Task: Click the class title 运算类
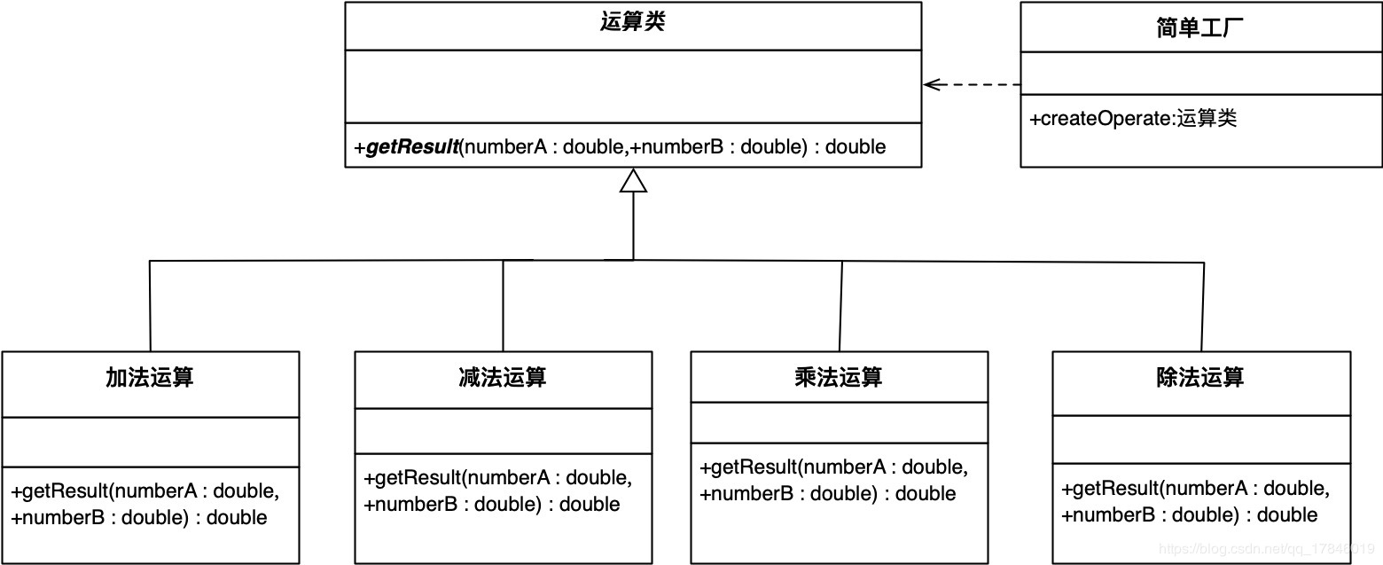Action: pos(632,23)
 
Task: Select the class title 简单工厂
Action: pos(1200,27)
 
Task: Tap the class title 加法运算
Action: pos(150,378)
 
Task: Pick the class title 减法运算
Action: pos(503,378)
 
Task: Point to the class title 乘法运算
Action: pos(839,377)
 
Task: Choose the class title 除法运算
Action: pos(1200,378)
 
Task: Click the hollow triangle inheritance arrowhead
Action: pos(633,181)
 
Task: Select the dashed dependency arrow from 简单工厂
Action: pos(973,84)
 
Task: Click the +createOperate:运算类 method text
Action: pos(1133,119)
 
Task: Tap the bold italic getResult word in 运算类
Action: pos(411,147)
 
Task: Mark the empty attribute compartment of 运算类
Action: pos(632,86)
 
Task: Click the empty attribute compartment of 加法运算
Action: pos(150,442)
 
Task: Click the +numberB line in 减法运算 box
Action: pos(492,505)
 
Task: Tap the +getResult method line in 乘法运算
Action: pos(834,467)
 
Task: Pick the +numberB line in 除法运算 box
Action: pos(1190,515)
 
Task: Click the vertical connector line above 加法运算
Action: pos(150,305)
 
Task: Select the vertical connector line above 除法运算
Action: pos(1203,305)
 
